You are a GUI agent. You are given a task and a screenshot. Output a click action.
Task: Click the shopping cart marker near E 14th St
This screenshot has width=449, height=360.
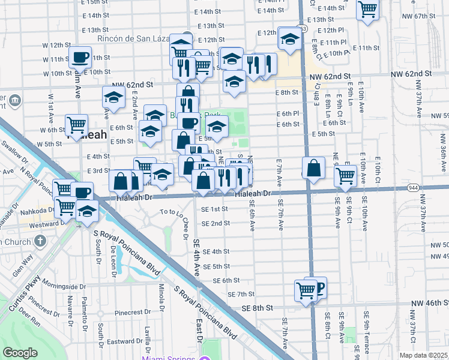367,10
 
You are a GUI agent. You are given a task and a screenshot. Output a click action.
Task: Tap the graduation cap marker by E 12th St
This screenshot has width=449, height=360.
290,39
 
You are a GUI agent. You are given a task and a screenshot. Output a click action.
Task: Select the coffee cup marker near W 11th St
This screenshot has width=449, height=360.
80,58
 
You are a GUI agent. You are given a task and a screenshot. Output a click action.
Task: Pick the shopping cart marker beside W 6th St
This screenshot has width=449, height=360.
77,125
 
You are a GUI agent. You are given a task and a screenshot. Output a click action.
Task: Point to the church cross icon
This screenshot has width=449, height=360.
40,241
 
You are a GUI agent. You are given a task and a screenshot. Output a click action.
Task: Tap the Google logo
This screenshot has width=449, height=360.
20,353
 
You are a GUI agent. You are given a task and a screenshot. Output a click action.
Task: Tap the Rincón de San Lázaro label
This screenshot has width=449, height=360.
137,40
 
